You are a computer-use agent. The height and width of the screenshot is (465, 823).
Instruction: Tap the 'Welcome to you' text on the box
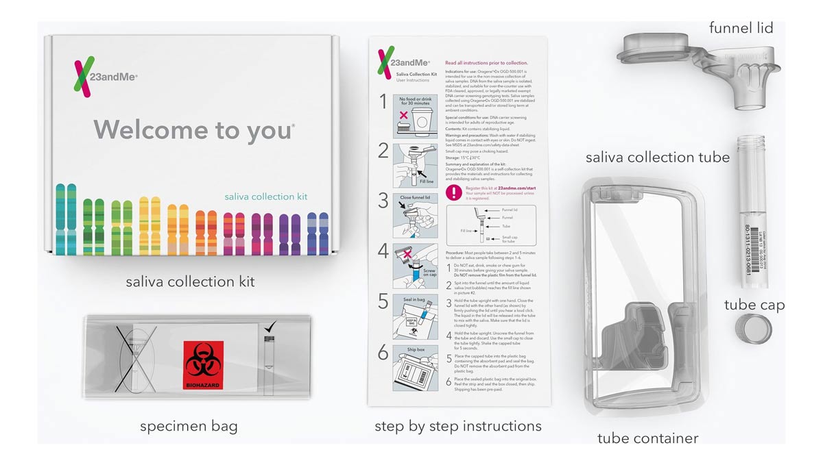(x=194, y=129)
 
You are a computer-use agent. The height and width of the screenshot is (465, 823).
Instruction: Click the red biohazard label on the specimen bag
(x=203, y=365)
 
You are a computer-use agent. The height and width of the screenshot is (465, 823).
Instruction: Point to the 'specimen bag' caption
(x=189, y=426)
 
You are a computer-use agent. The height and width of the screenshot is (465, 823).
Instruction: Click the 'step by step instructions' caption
(x=457, y=426)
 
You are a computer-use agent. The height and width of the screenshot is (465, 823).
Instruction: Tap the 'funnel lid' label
(x=740, y=28)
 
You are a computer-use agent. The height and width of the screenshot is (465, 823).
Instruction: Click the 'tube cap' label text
(x=754, y=305)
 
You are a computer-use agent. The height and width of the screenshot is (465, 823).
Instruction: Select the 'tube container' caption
(x=647, y=438)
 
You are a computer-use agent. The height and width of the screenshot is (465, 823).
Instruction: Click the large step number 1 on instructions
(x=383, y=102)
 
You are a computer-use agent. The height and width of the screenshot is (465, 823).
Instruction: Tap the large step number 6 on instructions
(x=383, y=353)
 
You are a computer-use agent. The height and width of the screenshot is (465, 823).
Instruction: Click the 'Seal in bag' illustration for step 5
(x=415, y=314)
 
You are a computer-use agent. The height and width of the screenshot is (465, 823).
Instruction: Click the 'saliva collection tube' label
(x=657, y=158)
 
